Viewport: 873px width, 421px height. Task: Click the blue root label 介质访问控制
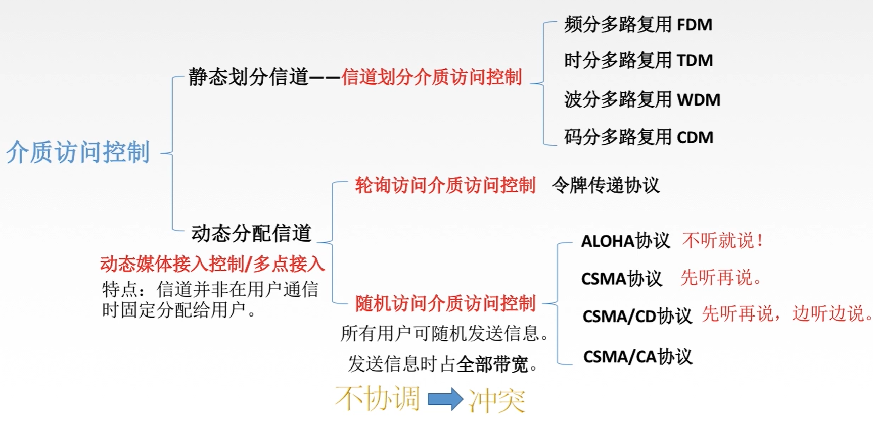tap(78, 152)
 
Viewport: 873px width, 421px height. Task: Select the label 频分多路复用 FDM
tap(638, 24)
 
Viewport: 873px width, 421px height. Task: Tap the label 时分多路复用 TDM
tap(638, 60)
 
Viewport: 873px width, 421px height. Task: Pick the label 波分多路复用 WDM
tap(641, 99)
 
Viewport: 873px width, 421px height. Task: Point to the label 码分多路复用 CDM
tap(638, 137)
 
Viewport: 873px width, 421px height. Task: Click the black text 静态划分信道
tap(248, 77)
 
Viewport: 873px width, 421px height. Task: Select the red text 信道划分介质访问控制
tap(431, 77)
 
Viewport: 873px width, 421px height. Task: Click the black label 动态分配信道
tap(251, 233)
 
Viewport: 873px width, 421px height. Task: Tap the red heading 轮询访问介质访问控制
tap(445, 185)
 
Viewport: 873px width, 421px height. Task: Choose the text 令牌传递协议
tap(606, 185)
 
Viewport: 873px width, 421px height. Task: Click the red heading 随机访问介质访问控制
tap(445, 303)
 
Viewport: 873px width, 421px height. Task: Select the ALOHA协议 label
tap(625, 241)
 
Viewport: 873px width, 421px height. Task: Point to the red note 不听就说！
tap(722, 240)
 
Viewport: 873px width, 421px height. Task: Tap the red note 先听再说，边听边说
tap(787, 314)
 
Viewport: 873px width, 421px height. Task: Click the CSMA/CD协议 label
tap(637, 316)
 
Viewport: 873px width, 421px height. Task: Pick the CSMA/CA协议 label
tap(637, 357)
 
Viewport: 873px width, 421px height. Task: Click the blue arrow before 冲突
tap(445, 399)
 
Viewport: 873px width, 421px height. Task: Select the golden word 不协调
tap(377, 398)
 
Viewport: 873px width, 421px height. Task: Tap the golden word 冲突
tap(496, 400)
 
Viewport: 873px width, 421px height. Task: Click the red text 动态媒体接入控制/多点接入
tap(212, 264)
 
